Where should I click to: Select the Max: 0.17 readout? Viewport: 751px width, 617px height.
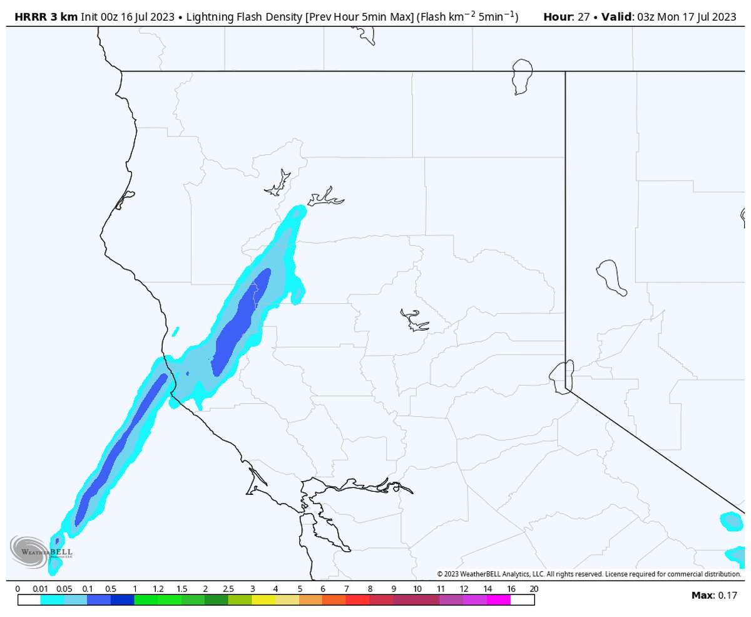coord(714,595)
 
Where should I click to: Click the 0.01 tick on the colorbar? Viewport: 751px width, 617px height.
coord(40,589)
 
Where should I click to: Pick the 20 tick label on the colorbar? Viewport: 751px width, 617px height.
coord(534,589)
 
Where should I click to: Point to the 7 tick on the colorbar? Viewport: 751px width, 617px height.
coord(346,589)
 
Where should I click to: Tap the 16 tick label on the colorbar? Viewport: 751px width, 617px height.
coord(511,589)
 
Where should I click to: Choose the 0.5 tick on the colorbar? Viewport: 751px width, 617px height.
coord(111,589)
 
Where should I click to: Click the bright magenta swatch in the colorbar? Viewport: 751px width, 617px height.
coord(499,599)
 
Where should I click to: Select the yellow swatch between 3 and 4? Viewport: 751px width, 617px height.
coord(263,599)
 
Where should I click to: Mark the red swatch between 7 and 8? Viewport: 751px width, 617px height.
coord(357,599)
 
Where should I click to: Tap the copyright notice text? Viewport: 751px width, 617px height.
coord(588,574)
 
